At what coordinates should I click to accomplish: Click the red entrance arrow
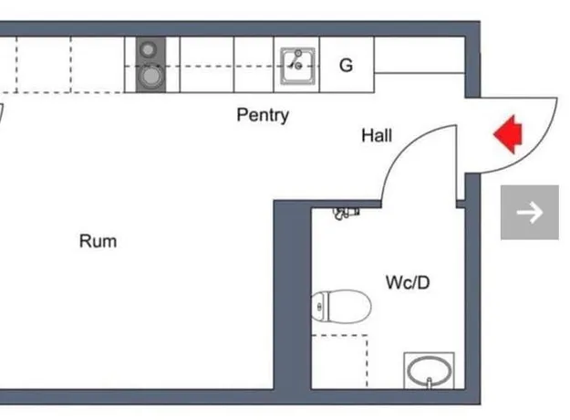tap(508, 134)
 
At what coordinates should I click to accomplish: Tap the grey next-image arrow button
tap(530, 212)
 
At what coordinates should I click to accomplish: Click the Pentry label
tap(263, 115)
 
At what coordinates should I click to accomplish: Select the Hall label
tap(377, 136)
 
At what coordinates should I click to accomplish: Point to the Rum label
tap(98, 241)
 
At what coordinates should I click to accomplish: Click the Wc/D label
tap(408, 282)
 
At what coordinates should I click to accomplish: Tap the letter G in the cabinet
tap(346, 66)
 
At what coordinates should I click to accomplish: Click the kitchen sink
tap(297, 66)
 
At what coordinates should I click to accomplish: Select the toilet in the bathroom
tap(341, 307)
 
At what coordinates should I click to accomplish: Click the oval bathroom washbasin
tap(430, 371)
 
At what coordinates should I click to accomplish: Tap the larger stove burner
tap(150, 77)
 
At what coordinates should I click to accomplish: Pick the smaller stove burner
tap(148, 49)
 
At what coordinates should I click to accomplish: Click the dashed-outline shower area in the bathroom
tap(339, 362)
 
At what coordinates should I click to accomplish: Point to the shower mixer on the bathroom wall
tap(347, 214)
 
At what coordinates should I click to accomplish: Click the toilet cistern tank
tap(320, 307)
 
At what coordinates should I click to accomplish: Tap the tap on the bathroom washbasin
tap(430, 383)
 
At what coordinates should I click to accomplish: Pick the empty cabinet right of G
tap(420, 55)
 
